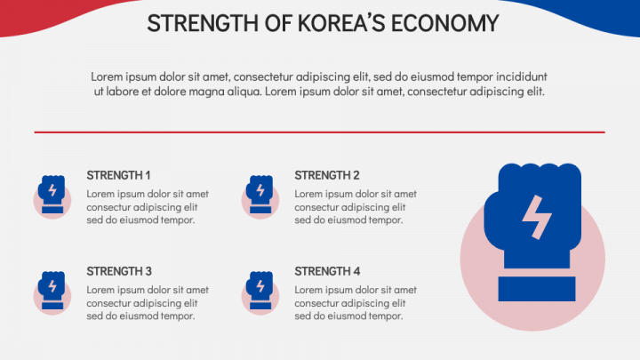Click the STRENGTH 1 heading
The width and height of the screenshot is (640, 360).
118,175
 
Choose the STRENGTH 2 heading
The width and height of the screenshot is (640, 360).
327,175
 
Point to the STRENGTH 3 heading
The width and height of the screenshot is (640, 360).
118,271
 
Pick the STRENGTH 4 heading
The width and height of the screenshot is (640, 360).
327,271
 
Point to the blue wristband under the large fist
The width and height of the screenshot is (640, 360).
532,288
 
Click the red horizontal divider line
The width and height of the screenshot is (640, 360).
319,132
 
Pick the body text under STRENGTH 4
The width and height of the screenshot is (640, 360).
356,302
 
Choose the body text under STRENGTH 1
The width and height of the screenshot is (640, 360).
148,207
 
